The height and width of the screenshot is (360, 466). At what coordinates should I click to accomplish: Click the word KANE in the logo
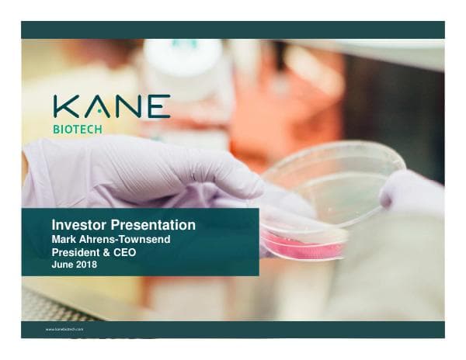click(112, 107)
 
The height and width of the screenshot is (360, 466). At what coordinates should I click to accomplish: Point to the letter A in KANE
click(96, 107)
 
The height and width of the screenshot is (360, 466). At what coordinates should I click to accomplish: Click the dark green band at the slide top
click(233, 29)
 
